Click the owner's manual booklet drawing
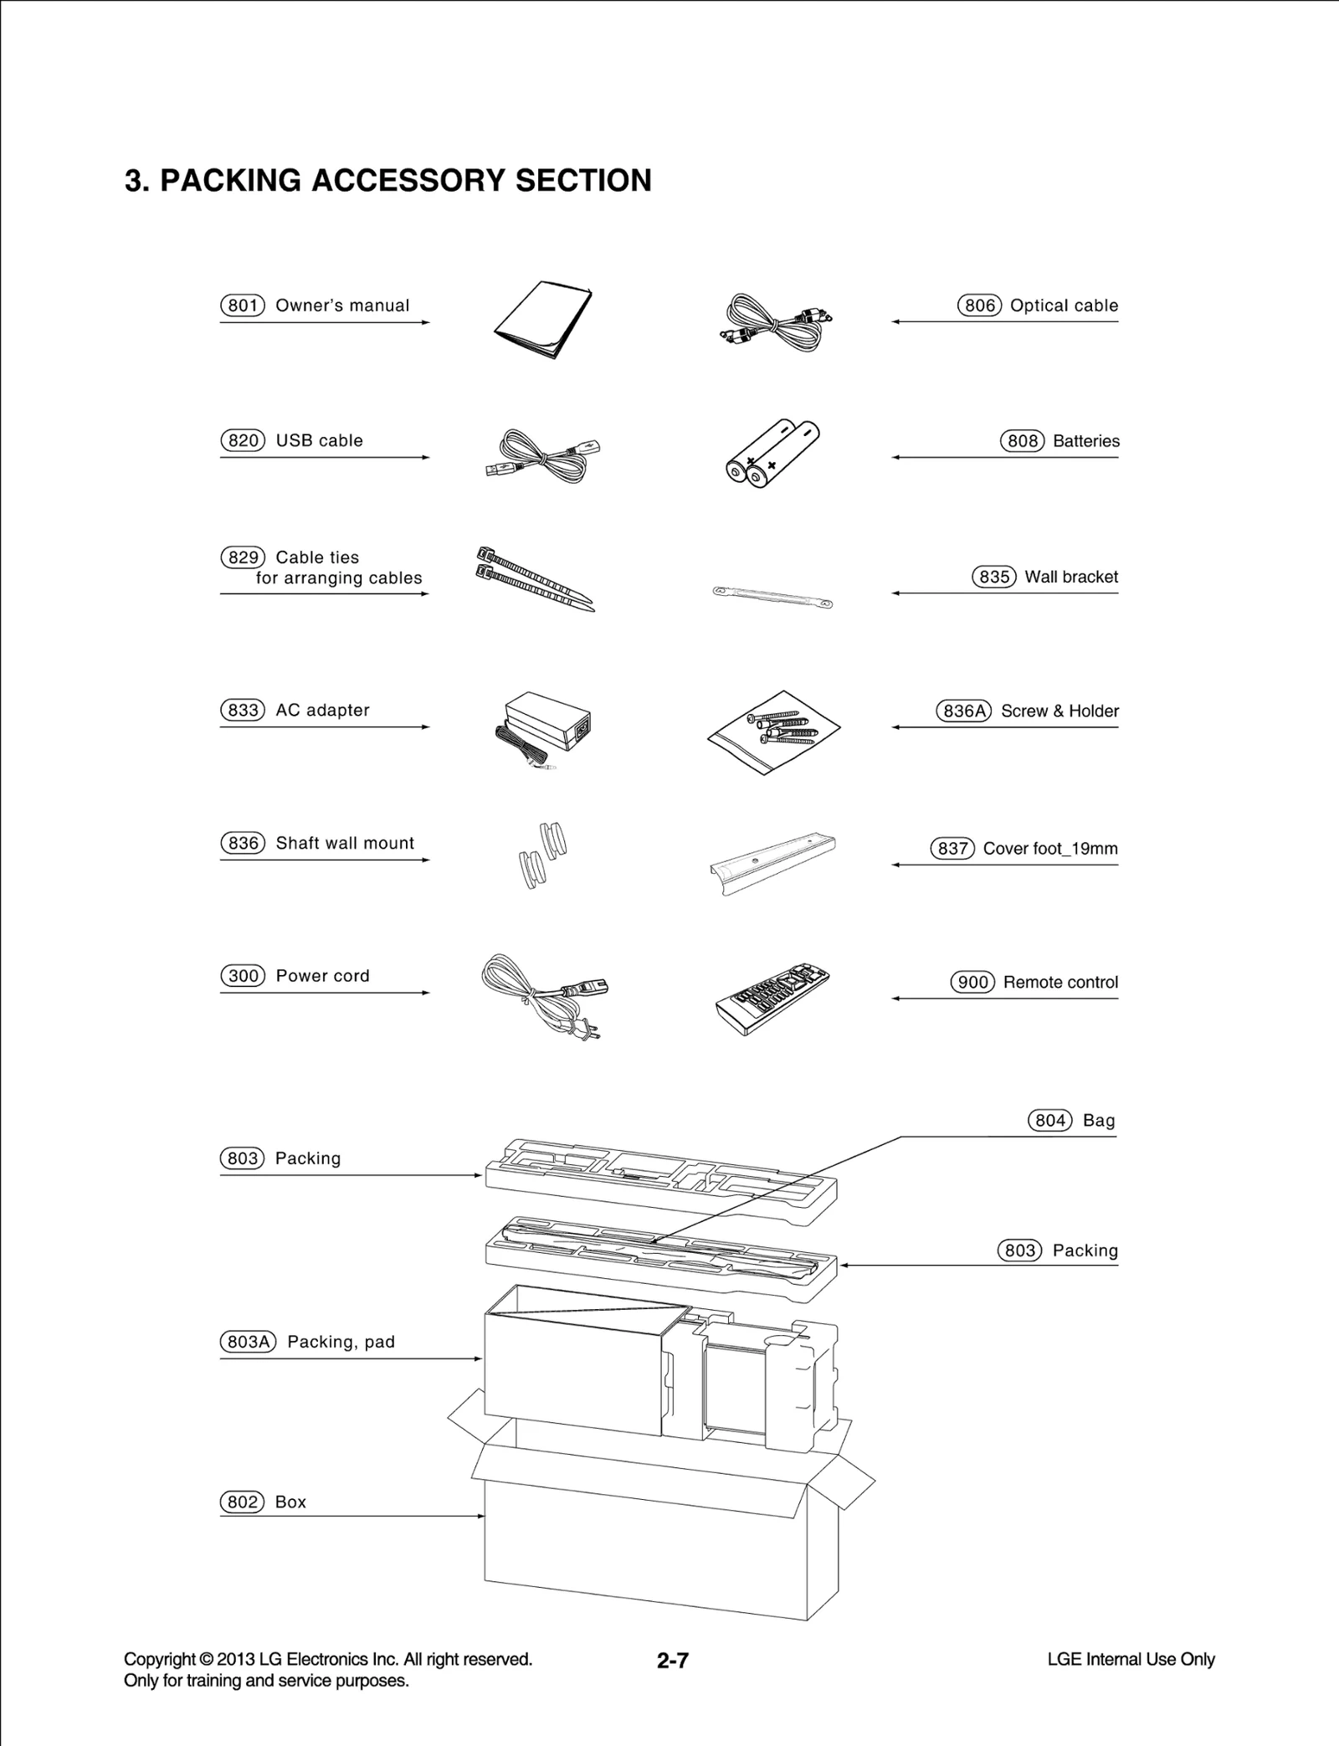(542, 321)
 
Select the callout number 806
(979, 306)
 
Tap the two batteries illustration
(771, 453)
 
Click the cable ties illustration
(534, 578)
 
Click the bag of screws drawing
(773, 731)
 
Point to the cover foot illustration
(772, 862)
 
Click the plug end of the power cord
(586, 1031)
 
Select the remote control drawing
(772, 998)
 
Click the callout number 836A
(963, 711)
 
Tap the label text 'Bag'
(1098, 1121)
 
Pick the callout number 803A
(248, 1342)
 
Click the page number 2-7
(672, 1661)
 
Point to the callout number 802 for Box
(242, 1502)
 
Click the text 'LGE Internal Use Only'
(1131, 1660)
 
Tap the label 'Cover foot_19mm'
(1049, 848)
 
